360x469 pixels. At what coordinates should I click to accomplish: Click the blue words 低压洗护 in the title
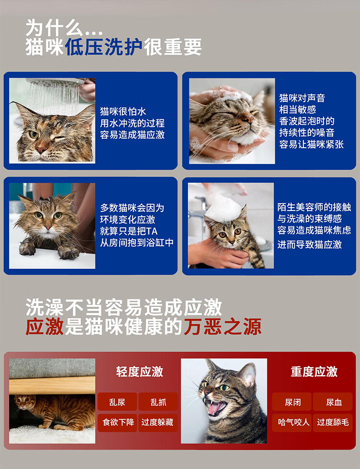(x=104, y=47)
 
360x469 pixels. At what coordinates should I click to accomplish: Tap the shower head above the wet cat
(x=55, y=82)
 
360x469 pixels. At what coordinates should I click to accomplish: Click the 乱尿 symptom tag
(x=117, y=402)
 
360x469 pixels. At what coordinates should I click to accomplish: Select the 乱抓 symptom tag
(x=158, y=402)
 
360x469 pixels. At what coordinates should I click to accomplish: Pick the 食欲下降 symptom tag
(x=117, y=422)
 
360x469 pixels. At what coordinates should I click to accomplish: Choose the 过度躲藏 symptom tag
(x=158, y=422)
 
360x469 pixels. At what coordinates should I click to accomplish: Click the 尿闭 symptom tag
(x=292, y=402)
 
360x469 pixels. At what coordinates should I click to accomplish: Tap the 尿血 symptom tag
(x=333, y=402)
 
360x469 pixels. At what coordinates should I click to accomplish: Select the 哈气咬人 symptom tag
(x=292, y=422)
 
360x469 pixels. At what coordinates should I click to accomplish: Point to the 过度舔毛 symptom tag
(x=333, y=422)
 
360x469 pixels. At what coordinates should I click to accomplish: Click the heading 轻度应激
(x=140, y=372)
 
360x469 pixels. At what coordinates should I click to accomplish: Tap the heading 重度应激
(x=314, y=372)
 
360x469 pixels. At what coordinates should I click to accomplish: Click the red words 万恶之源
(x=223, y=326)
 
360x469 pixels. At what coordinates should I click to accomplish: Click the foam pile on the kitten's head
(x=223, y=209)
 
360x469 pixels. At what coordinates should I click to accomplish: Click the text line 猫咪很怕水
(x=123, y=111)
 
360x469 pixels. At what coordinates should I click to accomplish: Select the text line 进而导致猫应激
(x=310, y=245)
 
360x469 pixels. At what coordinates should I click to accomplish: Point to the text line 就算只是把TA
(x=129, y=231)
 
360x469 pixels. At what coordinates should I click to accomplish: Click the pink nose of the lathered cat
(x=247, y=120)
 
